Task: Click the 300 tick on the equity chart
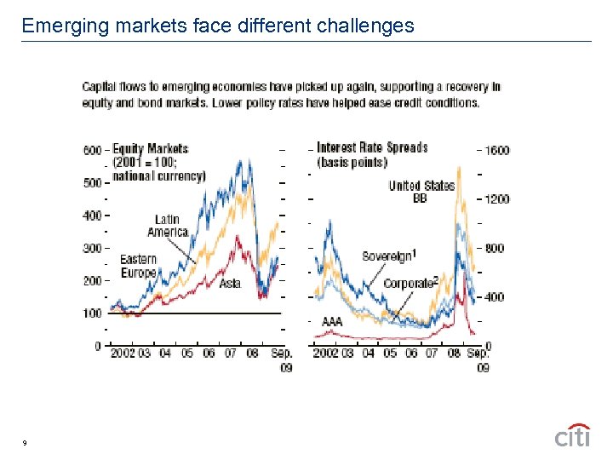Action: pyautogui.click(x=92, y=248)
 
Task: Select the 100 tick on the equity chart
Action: pyautogui.click(x=92, y=313)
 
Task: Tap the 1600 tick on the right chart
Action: pyautogui.click(x=496, y=150)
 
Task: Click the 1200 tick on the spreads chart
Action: pyautogui.click(x=496, y=199)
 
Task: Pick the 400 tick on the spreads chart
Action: pyautogui.click(x=495, y=297)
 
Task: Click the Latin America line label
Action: pyautogui.click(x=168, y=226)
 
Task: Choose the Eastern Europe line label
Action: pyautogui.click(x=138, y=266)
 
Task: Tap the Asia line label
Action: pyautogui.click(x=230, y=284)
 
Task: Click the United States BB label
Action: pyautogui.click(x=421, y=192)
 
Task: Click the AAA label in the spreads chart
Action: pyautogui.click(x=332, y=322)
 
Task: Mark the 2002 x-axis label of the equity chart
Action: pyautogui.click(x=122, y=353)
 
